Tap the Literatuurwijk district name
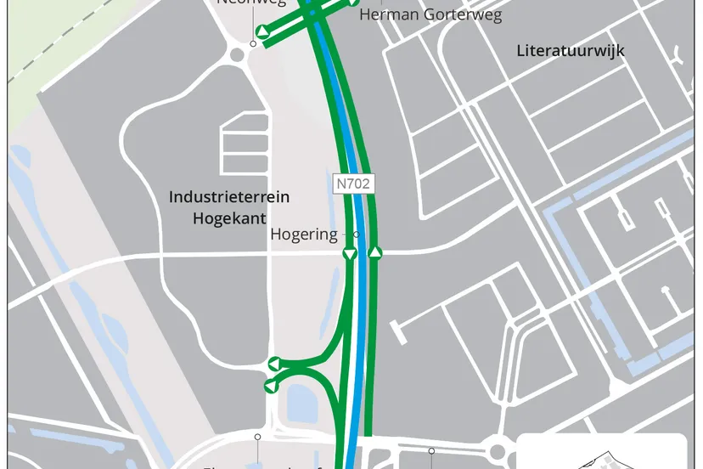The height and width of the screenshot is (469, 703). coord(571,51)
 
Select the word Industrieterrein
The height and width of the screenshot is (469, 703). coord(229,197)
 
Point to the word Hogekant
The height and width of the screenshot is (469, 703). coord(229,218)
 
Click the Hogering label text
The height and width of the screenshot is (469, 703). coord(304,234)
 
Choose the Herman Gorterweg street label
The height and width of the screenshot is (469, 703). coord(430,15)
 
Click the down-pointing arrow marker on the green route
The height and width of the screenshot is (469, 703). coord(349,253)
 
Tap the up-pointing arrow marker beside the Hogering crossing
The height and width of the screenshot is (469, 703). coord(375,253)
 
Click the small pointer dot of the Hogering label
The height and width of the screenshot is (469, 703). coord(357,234)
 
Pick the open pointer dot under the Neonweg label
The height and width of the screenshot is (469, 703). coord(253,43)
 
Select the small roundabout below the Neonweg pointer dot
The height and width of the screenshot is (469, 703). coord(237,55)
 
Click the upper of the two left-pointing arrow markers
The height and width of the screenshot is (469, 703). coord(274,364)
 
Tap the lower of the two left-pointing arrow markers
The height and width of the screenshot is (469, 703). coord(271,387)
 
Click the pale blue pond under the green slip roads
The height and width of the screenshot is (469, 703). coord(301,404)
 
